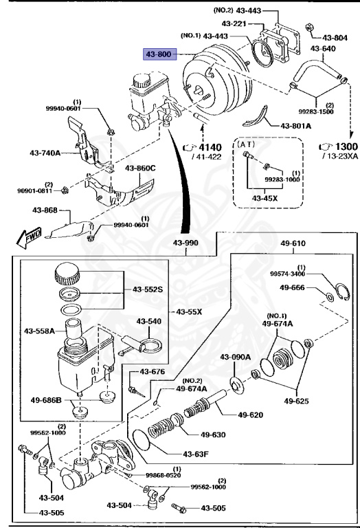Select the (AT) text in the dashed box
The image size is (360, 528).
[x=246, y=145]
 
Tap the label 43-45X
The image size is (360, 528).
[x=263, y=198]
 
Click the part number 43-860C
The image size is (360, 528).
[x=140, y=168]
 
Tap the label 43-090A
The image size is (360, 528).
[x=236, y=356]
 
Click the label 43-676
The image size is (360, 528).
[x=153, y=372]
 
